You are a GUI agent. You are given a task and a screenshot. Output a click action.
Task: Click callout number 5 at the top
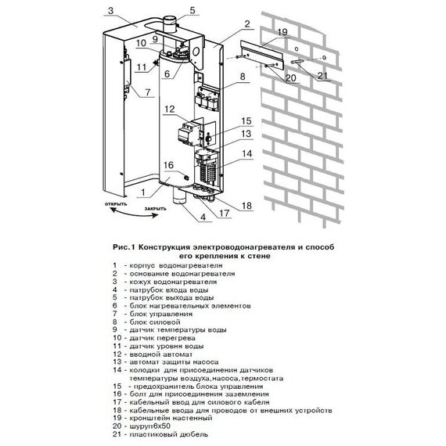(x=192, y=10)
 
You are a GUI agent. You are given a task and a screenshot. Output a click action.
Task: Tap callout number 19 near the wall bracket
(x=282, y=32)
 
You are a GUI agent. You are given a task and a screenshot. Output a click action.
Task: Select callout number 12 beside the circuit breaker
(x=170, y=110)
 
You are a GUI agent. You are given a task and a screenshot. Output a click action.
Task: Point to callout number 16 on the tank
(x=168, y=165)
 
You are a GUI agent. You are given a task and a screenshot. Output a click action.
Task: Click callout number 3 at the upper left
(x=110, y=11)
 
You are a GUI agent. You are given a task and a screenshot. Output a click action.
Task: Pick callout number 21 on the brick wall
(x=322, y=76)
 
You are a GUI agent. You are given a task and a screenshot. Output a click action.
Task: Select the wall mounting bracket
(x=262, y=56)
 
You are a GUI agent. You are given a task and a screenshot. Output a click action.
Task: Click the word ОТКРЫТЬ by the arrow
(x=116, y=204)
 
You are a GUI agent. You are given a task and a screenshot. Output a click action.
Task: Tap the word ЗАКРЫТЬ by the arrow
(x=155, y=209)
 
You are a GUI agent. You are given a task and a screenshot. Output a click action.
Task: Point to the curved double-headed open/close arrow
(x=134, y=214)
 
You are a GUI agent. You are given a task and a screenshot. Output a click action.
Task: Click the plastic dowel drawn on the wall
(x=297, y=62)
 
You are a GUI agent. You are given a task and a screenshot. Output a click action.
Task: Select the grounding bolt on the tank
(x=187, y=178)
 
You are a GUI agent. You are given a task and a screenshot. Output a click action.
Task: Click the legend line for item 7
(x=153, y=314)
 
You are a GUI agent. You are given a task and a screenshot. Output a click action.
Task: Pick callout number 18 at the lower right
(x=246, y=205)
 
